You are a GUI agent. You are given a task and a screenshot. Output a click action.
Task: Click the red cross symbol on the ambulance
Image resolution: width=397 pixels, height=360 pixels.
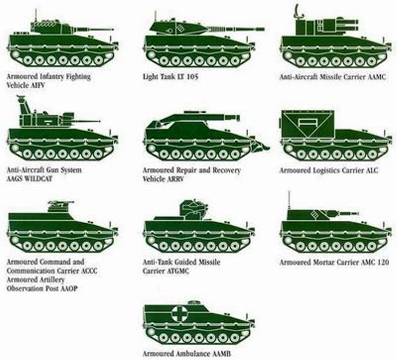180,313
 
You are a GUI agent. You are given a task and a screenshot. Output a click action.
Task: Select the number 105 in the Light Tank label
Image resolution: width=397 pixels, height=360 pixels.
192,76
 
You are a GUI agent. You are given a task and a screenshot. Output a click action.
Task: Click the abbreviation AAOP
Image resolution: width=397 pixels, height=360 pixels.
68,289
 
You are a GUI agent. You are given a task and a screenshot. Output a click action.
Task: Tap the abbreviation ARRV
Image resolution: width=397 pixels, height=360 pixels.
175,179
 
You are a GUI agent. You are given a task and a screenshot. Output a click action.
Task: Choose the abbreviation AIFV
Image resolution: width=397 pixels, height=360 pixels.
37,85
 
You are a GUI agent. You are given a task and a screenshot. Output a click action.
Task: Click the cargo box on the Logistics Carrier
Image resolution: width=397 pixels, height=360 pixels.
308,124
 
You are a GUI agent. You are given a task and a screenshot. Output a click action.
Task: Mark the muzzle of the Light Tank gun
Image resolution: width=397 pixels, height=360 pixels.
263,29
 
